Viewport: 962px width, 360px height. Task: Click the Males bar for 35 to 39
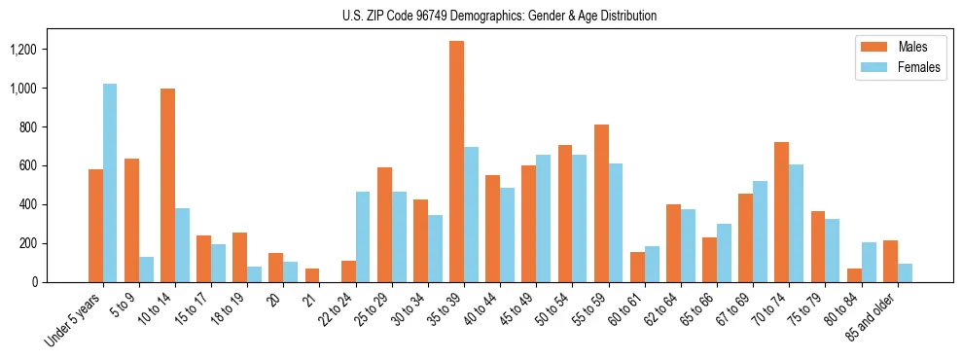pyautogui.click(x=456, y=162)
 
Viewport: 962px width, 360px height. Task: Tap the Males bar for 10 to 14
pyautogui.click(x=167, y=185)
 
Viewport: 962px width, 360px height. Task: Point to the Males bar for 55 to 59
pyautogui.click(x=601, y=203)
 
